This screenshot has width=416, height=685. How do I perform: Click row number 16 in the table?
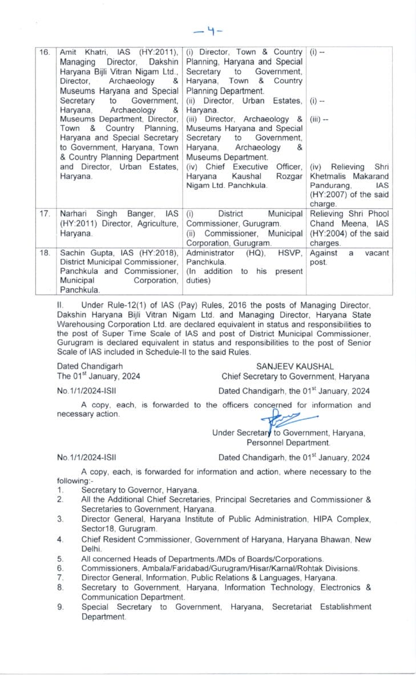45,52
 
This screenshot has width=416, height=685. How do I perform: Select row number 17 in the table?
45,213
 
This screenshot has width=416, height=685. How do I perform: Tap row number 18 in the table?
45,253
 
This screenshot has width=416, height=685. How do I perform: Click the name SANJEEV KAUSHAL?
295,366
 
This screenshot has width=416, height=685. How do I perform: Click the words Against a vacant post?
349,257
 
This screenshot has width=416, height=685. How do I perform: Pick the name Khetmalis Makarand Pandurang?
349,180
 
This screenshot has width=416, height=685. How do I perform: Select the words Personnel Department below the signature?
288,442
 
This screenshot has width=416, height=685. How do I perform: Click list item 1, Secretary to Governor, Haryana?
140,490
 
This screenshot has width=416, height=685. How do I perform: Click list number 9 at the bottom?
60,607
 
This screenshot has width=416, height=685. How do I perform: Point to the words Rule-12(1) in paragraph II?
103,305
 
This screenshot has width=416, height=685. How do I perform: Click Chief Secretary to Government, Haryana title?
295,377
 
